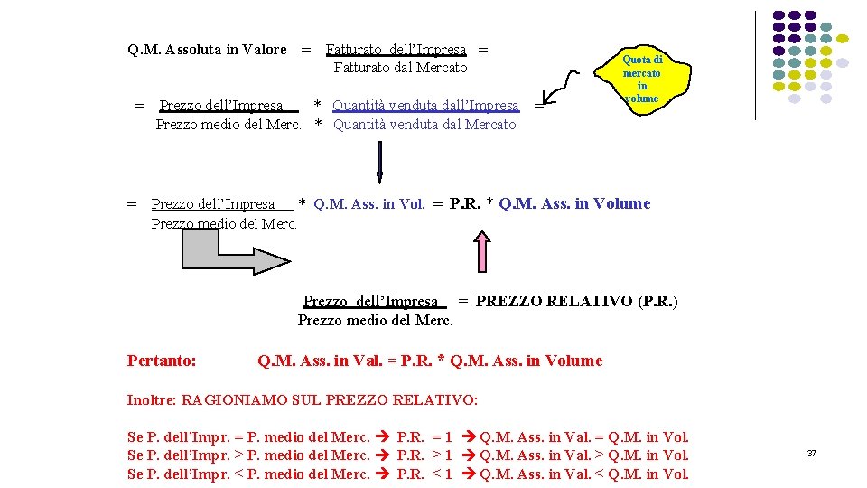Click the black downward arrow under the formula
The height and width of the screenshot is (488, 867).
[379, 163]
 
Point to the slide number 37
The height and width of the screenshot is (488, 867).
[811, 453]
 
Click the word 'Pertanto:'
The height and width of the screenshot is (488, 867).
[162, 361]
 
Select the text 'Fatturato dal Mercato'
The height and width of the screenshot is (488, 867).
[400, 68]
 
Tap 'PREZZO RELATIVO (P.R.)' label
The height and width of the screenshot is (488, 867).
[576, 301]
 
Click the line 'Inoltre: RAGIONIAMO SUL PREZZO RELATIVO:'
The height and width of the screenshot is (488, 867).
[303, 399]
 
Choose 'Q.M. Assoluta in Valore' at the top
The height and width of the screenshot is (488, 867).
[207, 50]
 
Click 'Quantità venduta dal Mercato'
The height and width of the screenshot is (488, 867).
[424, 125]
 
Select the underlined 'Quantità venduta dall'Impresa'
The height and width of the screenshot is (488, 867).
[425, 106]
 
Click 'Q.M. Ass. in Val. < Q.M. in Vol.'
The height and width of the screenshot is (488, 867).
[584, 474]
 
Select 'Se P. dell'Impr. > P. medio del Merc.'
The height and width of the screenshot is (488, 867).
[248, 455]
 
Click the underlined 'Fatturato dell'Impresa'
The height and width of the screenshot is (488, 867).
[396, 50]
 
